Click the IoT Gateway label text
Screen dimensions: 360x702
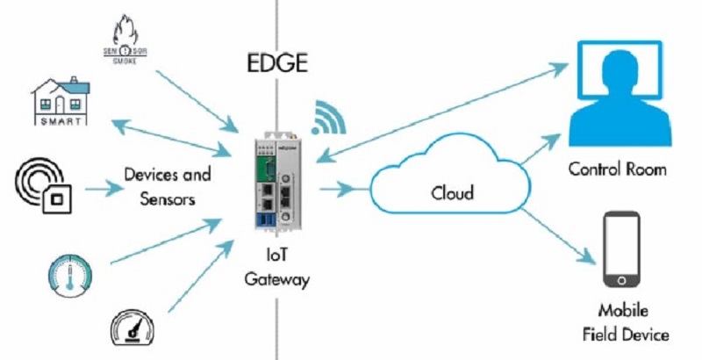click(x=280, y=268)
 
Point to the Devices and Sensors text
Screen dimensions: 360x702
click(x=168, y=186)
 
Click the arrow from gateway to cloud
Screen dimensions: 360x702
click(x=337, y=186)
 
